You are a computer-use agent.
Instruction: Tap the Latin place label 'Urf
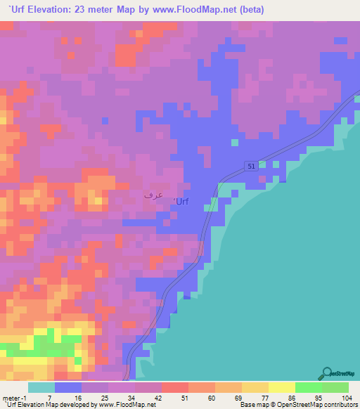pos(181,202)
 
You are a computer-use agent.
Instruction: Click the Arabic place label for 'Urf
pos(153,194)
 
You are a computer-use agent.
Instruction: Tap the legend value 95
pos(320,398)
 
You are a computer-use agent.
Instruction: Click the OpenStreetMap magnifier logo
pos(328,372)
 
